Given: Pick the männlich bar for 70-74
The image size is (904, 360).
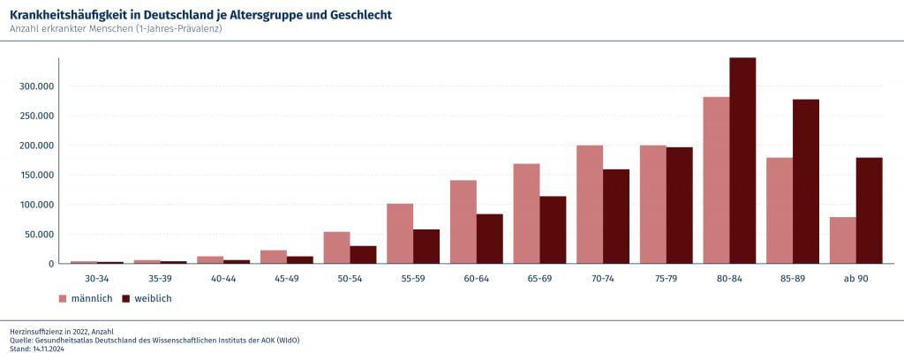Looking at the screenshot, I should (x=590, y=205).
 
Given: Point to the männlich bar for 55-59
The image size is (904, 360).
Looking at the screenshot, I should (x=400, y=234).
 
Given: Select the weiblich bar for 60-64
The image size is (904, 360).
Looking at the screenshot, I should (x=490, y=238).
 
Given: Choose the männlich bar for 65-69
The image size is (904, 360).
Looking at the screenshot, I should (x=526, y=214).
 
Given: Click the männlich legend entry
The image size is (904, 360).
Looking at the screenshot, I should (x=88, y=298).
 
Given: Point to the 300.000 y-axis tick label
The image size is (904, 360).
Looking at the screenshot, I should (x=37, y=86).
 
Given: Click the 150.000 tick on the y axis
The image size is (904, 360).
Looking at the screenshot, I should (x=37, y=175).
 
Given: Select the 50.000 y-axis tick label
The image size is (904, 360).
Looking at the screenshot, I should (x=39, y=234).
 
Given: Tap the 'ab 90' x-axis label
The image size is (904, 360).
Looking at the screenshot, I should (x=856, y=278).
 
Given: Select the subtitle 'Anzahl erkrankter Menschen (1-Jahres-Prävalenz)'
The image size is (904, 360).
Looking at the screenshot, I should (x=115, y=29).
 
